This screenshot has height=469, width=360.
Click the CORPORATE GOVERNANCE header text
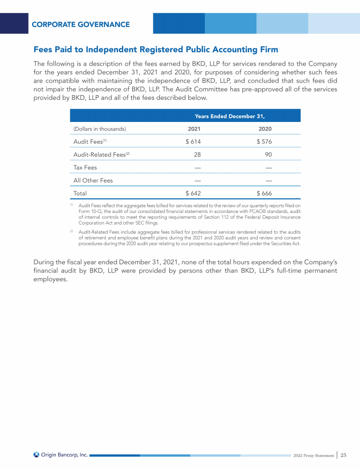81,24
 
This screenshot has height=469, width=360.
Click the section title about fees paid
156,49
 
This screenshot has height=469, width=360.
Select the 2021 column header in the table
194,129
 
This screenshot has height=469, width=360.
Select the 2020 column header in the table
265,129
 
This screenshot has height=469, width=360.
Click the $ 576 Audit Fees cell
264,142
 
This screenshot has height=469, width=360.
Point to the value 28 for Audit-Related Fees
197,154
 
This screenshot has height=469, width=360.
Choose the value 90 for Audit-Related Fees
268,154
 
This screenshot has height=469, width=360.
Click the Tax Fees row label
85,167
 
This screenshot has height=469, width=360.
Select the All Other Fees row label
93,180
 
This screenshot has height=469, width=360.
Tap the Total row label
80,193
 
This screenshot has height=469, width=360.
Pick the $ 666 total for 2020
264,193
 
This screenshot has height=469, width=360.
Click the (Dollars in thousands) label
100,129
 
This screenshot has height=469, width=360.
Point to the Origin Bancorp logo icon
37,454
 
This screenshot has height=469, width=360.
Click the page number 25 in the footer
343,455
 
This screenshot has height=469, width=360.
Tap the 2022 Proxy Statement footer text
314,455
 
